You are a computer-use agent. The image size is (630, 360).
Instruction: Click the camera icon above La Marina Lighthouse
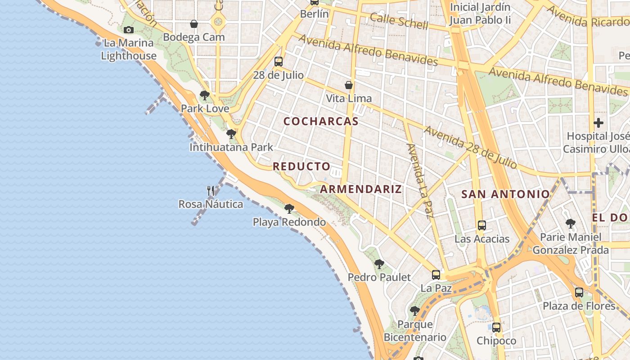pyautogui.click(x=129, y=30)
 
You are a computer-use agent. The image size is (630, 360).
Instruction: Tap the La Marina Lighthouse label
pyautogui.click(x=129, y=49)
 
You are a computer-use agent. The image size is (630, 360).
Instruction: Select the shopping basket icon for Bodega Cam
pyautogui.click(x=194, y=24)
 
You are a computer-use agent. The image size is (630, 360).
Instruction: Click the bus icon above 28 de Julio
pyautogui.click(x=279, y=62)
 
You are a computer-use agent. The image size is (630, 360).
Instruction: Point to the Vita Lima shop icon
pyautogui.click(x=349, y=85)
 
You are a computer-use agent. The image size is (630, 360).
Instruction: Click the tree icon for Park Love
pyautogui.click(x=205, y=95)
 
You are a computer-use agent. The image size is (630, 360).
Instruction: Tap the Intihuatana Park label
pyautogui.click(x=231, y=147)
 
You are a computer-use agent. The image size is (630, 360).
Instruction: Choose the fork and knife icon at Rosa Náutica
pyautogui.click(x=211, y=191)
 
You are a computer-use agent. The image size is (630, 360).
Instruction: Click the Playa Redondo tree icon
pyautogui.click(x=289, y=209)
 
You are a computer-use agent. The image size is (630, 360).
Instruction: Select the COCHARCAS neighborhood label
pyautogui.click(x=321, y=121)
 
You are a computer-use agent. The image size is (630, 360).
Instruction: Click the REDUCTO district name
pyautogui.click(x=301, y=166)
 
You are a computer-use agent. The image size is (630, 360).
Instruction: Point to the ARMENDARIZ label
pyautogui.click(x=361, y=189)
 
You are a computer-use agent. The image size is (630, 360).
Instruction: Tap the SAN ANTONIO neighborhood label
pyautogui.click(x=506, y=194)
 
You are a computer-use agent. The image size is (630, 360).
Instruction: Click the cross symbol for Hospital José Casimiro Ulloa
pyautogui.click(x=598, y=122)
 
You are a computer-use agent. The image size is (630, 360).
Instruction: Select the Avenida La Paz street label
pyautogui.click(x=419, y=180)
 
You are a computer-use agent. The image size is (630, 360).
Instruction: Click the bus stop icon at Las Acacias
pyautogui.click(x=482, y=225)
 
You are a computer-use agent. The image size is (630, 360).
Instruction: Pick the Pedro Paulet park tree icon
pyautogui.click(x=379, y=264)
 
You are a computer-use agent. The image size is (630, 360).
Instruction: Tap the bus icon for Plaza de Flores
pyautogui.click(x=579, y=292)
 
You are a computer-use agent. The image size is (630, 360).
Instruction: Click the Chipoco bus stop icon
pyautogui.click(x=496, y=328)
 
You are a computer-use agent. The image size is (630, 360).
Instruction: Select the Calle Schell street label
pyautogui.click(x=399, y=21)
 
